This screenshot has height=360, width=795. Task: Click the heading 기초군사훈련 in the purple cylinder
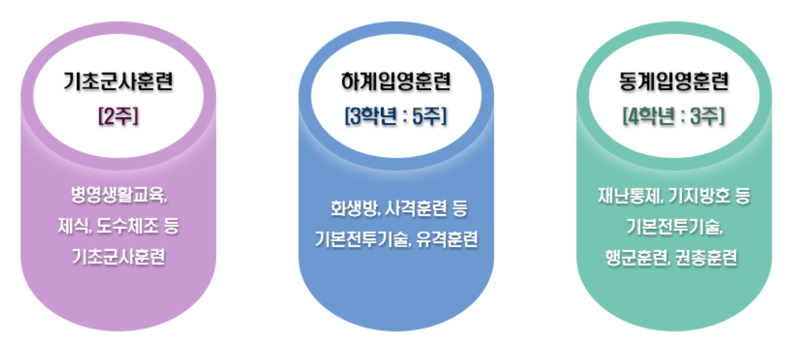118,82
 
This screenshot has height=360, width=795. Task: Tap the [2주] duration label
118,117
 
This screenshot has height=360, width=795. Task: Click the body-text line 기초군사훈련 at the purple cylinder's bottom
118,257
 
